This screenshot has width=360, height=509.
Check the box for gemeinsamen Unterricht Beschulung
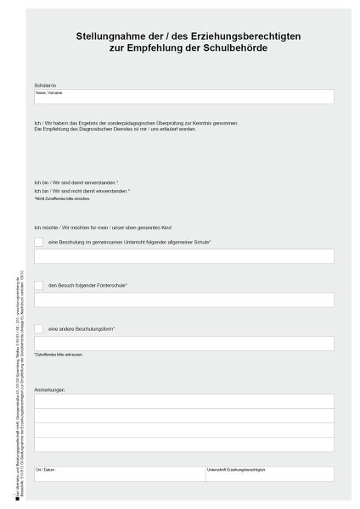click(39, 242)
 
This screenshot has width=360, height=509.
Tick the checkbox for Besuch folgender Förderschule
click(39, 285)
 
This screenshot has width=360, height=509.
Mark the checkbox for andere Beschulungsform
click(39, 328)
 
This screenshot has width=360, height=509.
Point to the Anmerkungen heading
click(49, 389)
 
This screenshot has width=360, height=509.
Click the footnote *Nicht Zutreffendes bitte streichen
click(62, 199)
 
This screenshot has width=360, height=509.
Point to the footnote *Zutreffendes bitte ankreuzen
click(59, 355)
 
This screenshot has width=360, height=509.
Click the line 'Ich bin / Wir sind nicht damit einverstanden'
click(82, 191)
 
